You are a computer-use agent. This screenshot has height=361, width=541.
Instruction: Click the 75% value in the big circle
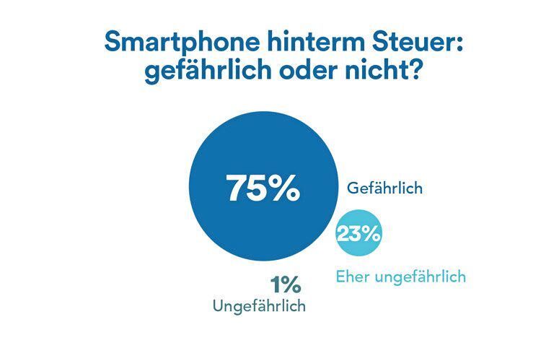tap(263, 188)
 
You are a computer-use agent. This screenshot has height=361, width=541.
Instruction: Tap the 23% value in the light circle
tap(359, 234)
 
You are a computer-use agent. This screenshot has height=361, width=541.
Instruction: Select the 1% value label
tap(286, 285)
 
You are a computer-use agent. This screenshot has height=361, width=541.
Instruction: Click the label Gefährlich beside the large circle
tap(384, 188)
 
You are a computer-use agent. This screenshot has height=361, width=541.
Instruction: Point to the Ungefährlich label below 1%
tap(259, 306)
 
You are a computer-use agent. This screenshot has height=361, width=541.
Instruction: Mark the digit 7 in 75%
tap(238, 188)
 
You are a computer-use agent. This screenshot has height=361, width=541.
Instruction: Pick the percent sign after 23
tap(372, 234)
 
